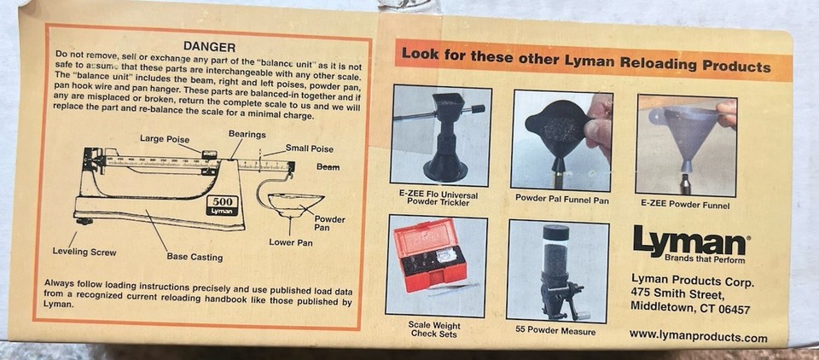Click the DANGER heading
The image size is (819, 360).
click(x=209, y=46)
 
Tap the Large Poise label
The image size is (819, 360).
click(x=165, y=138)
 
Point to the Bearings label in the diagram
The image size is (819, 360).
click(x=247, y=134)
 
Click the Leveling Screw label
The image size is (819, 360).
click(x=84, y=252)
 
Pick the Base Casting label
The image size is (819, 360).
click(x=195, y=257)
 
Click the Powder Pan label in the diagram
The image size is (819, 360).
click(x=330, y=224)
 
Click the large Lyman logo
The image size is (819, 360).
click(x=689, y=242)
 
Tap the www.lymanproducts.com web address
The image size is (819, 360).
click(x=697, y=336)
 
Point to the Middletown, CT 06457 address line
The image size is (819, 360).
click(x=690, y=309)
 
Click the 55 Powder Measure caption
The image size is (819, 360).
click(x=555, y=330)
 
